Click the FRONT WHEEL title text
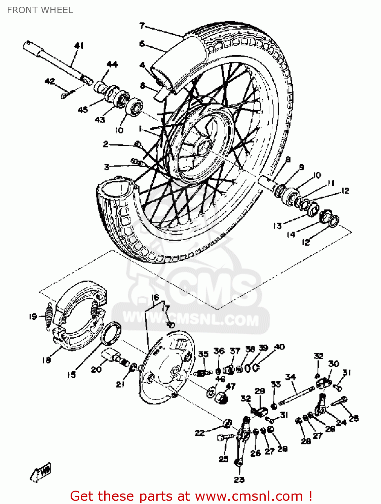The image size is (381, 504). (x=40, y=10)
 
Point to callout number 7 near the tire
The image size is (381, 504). (x=142, y=26)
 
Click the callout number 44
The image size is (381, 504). (x=112, y=64)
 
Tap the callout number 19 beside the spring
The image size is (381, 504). (x=33, y=316)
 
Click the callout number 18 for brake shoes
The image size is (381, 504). (x=46, y=360)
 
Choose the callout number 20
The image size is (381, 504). (x=96, y=369)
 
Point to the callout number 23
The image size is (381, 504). (x=239, y=479)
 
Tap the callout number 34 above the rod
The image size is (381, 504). (x=290, y=377)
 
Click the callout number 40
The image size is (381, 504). (x=279, y=347)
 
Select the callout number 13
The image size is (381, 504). (x=277, y=226)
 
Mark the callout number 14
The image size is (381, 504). (x=291, y=234)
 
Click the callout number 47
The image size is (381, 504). (x=231, y=386)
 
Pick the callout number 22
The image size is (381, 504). (x=200, y=433)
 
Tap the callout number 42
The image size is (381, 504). (x=50, y=81)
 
